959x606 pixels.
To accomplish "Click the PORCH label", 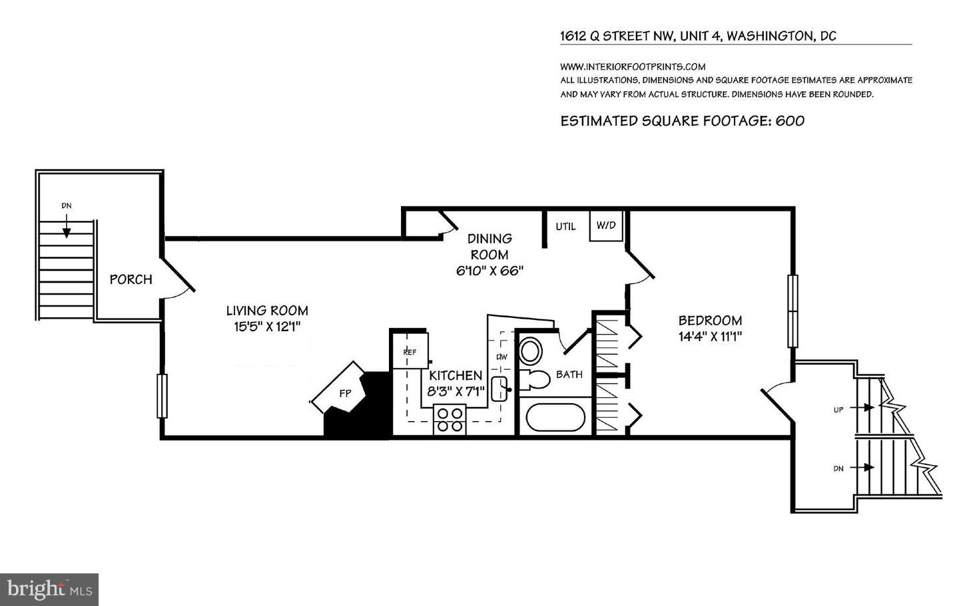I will coord(131,279).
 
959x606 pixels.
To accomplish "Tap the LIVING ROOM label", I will coord(267,311).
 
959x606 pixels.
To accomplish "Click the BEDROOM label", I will coord(710,321).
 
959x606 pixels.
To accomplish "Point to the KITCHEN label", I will coord(456,376).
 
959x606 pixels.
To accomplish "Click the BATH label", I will coord(569,375).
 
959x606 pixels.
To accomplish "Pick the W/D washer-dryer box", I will coord(606,226).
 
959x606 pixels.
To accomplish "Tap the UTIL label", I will coord(565,226).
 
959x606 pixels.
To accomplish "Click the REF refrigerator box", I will coord(410,351).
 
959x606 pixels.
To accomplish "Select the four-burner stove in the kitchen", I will coord(450,419).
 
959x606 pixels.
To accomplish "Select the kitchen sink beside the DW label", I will coord(499,388).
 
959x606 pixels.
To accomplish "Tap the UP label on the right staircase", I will coord(838,410).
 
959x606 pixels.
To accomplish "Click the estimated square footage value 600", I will coord(790,121).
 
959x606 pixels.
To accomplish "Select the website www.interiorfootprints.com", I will coord(632,67).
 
